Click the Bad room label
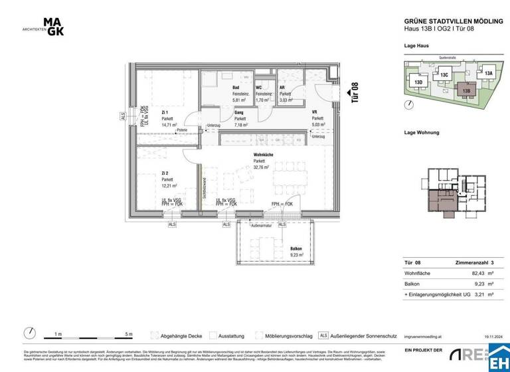pyautogui.click(x=235, y=87)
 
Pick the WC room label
pyautogui.click(x=260, y=87)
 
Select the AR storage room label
pyautogui.click(x=282, y=87)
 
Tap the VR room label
pyautogui.click(x=315, y=113)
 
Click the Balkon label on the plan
pyautogui.click(x=296, y=248)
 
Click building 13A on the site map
pyautogui.click(x=488, y=73)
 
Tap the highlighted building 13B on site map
pyautogui.click(x=466, y=90)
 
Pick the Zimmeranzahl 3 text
pyautogui.click(x=474, y=262)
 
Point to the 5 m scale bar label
pyautogui.click(x=128, y=334)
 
